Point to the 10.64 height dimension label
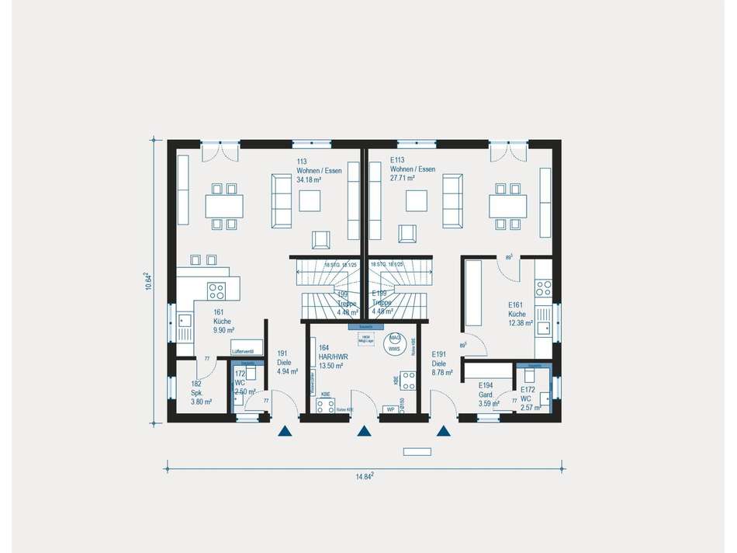point(148,281)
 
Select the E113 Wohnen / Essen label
point(413,170)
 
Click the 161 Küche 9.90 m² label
point(224,320)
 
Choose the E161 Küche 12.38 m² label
point(520,314)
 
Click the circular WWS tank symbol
point(395,343)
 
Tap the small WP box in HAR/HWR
point(392,409)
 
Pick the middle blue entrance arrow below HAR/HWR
point(362,433)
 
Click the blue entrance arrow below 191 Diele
point(285,433)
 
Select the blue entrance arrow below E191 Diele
point(443,433)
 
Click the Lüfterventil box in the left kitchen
point(246,352)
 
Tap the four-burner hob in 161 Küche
point(216,291)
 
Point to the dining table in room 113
point(223,206)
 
